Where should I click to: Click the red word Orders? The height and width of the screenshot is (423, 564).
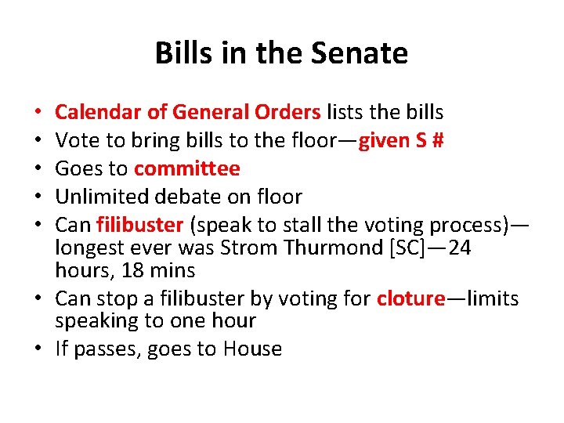(287, 112)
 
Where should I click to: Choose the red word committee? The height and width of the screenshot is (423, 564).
(187, 168)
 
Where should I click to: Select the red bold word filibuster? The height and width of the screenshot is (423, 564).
(139, 225)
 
